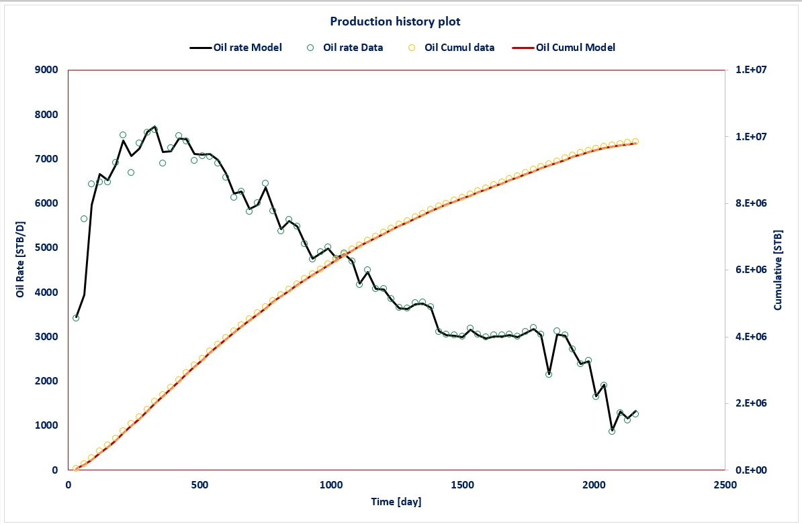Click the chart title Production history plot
[395, 21]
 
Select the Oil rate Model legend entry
[236, 48]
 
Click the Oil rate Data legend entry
[346, 48]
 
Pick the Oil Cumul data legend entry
[452, 48]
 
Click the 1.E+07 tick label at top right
[752, 70]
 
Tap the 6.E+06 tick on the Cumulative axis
[752, 270]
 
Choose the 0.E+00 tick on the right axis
[752, 470]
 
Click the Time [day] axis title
[396, 502]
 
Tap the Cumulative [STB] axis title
[778, 270]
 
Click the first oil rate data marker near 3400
[76, 318]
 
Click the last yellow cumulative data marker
[635, 142]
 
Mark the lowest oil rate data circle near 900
[611, 431]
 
